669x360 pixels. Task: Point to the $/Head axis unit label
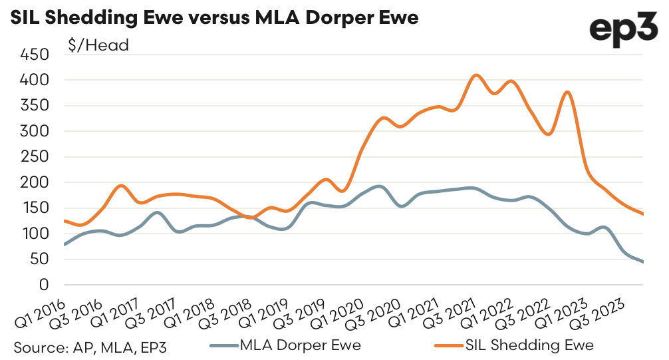[x=98, y=46]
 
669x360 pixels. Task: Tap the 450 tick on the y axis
[x=35, y=55]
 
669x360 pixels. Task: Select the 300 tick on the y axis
[x=35, y=131]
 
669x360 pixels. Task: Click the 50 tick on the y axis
[x=40, y=259]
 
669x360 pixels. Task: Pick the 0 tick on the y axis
[x=45, y=285]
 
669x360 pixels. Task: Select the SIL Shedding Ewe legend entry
[x=512, y=345]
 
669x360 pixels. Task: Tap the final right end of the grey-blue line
[x=642, y=262]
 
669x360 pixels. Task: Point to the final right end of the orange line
[x=642, y=214]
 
